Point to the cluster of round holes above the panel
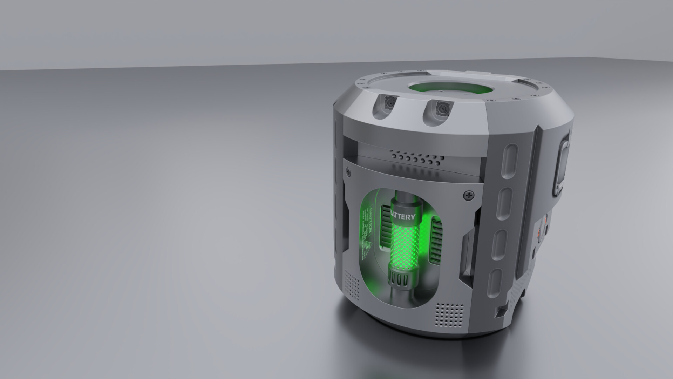click(x=416, y=160)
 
